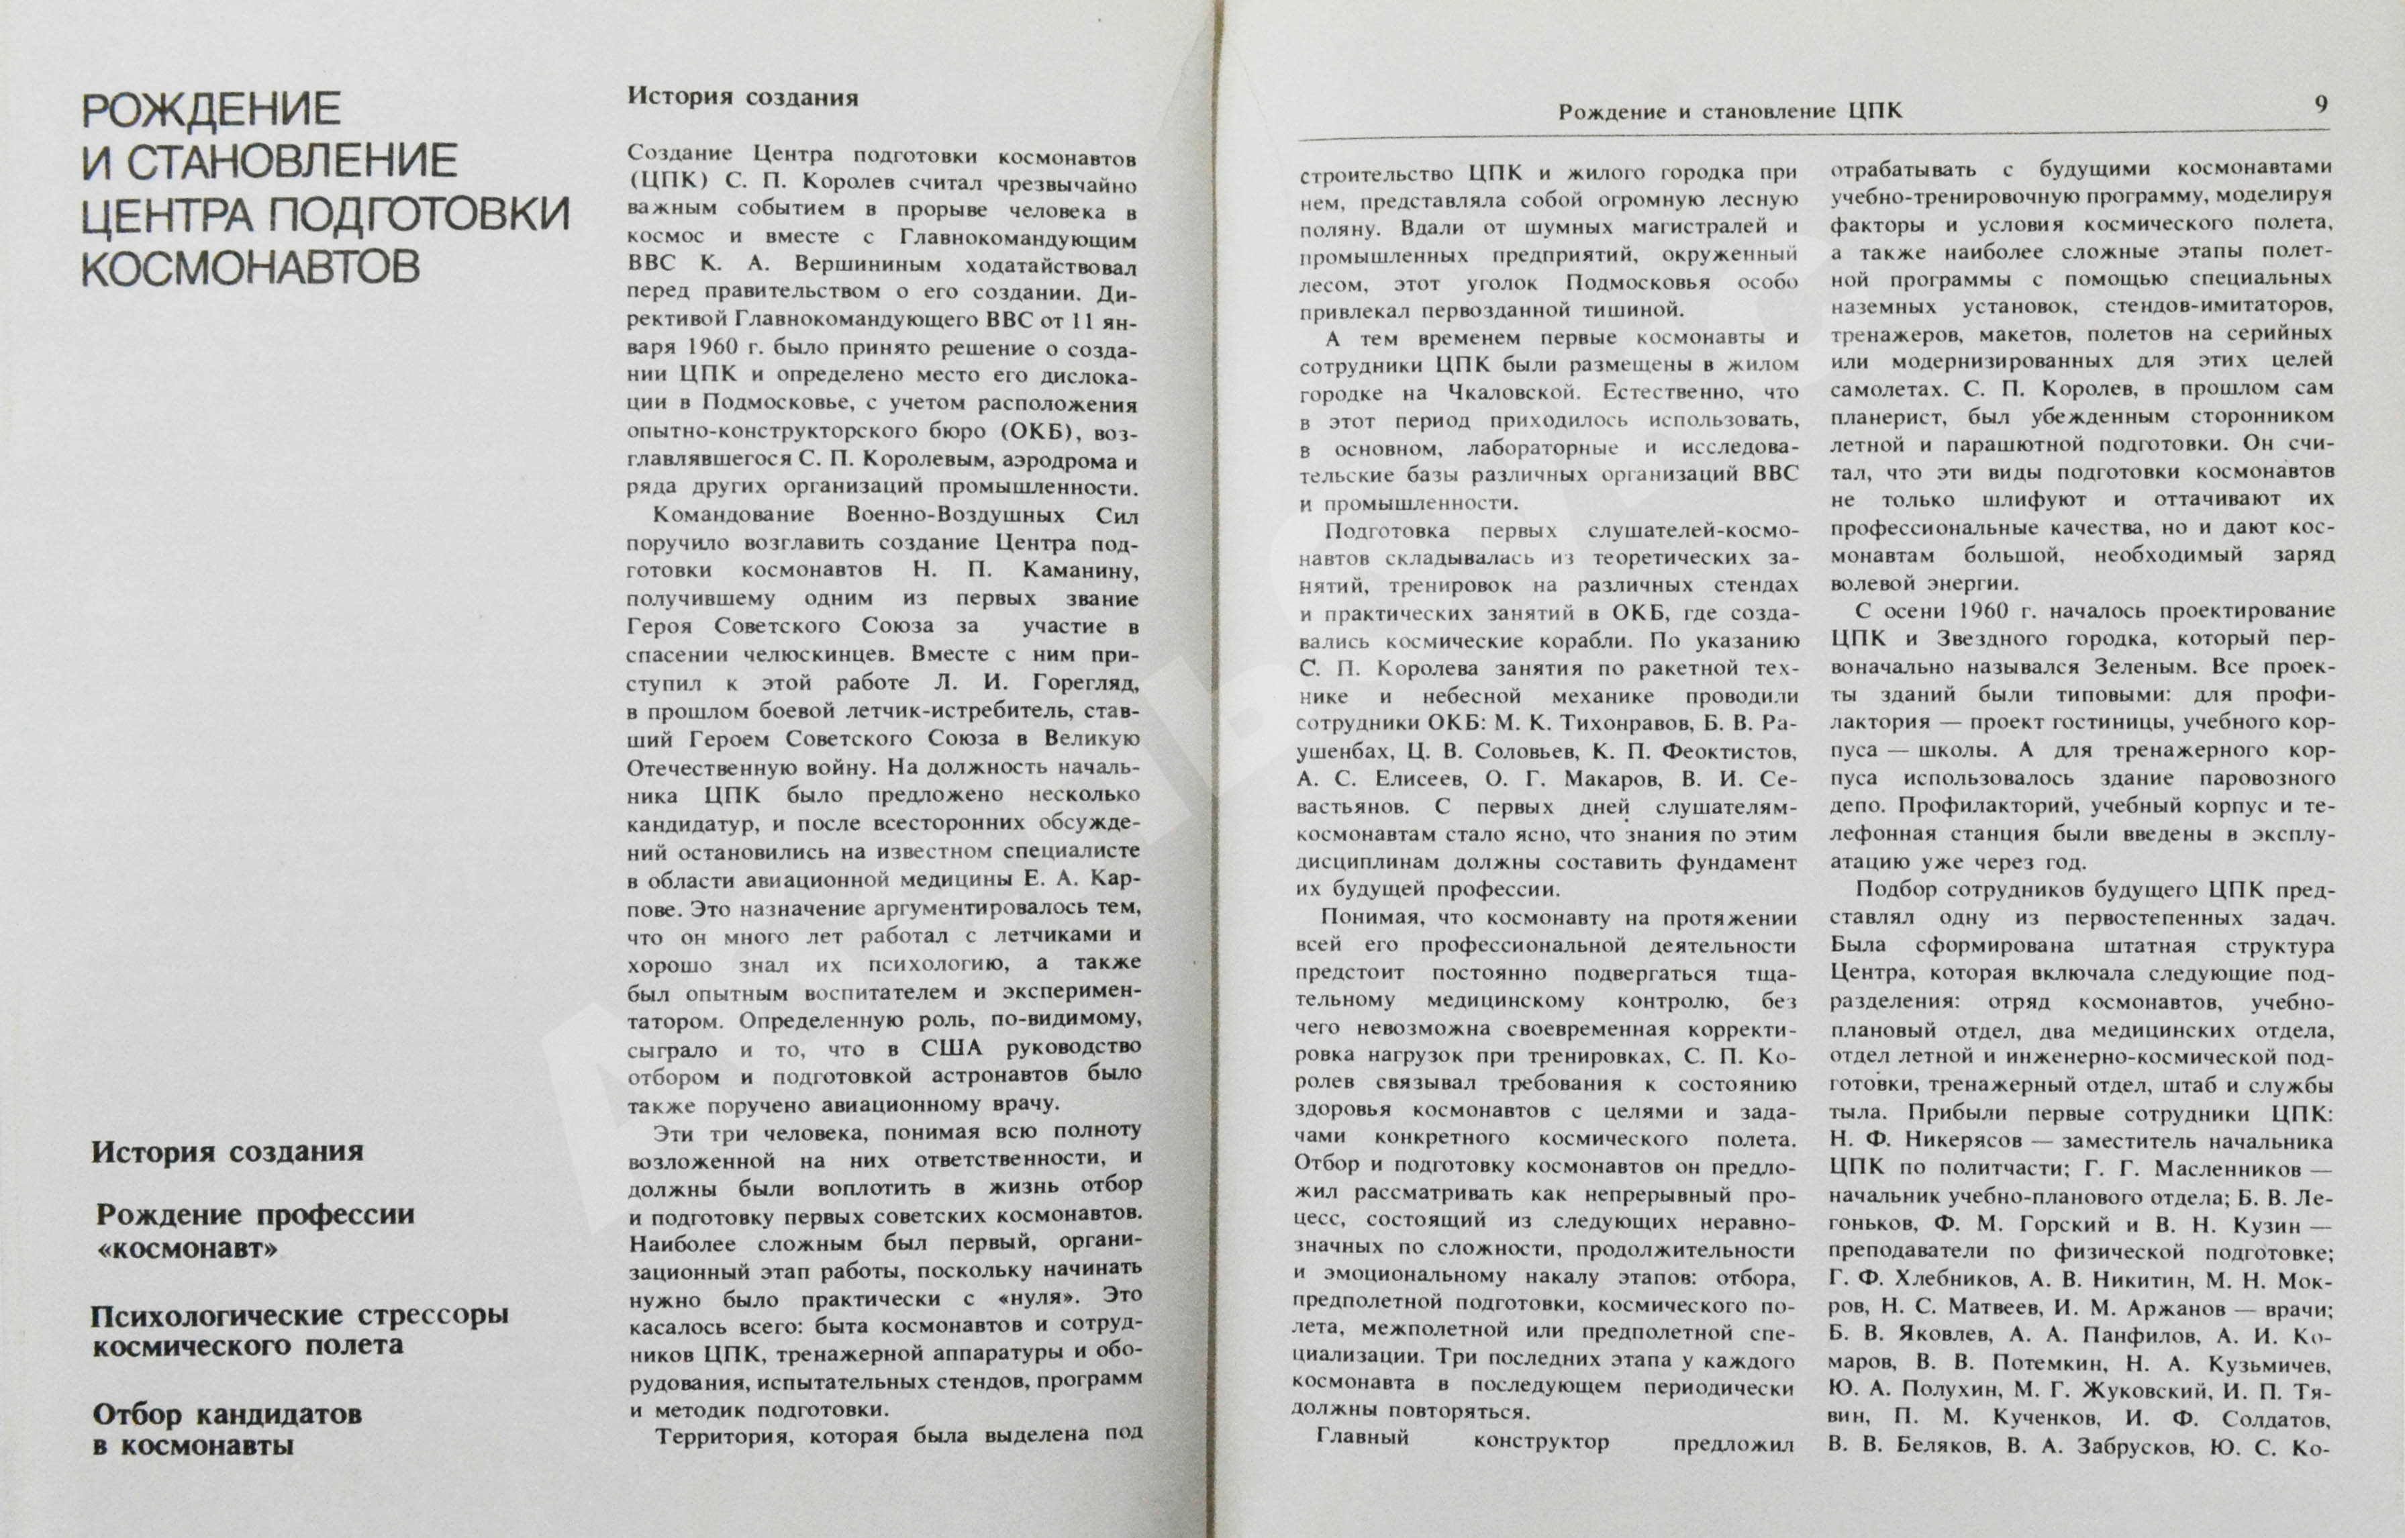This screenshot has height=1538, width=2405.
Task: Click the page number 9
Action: point(2321,104)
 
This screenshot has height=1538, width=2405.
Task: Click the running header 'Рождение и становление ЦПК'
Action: point(1730,111)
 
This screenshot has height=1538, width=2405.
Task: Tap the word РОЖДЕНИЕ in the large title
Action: point(211,109)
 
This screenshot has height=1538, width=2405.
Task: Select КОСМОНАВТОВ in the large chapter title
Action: point(250,267)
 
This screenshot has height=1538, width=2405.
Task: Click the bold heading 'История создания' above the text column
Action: point(742,97)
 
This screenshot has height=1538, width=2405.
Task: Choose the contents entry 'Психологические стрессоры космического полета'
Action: point(299,1329)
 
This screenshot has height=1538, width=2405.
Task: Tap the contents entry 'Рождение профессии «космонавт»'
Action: point(254,1231)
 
